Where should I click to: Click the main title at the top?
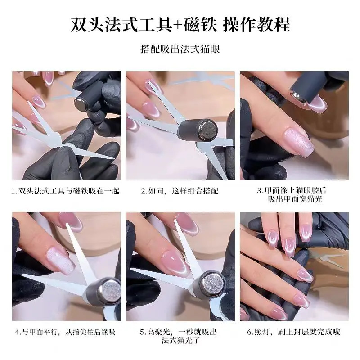[180, 24]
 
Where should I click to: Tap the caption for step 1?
[66, 191]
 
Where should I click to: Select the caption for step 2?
[180, 191]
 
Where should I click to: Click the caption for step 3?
[294, 195]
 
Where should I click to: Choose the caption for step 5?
[180, 336]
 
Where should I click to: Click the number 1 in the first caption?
[14, 191]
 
